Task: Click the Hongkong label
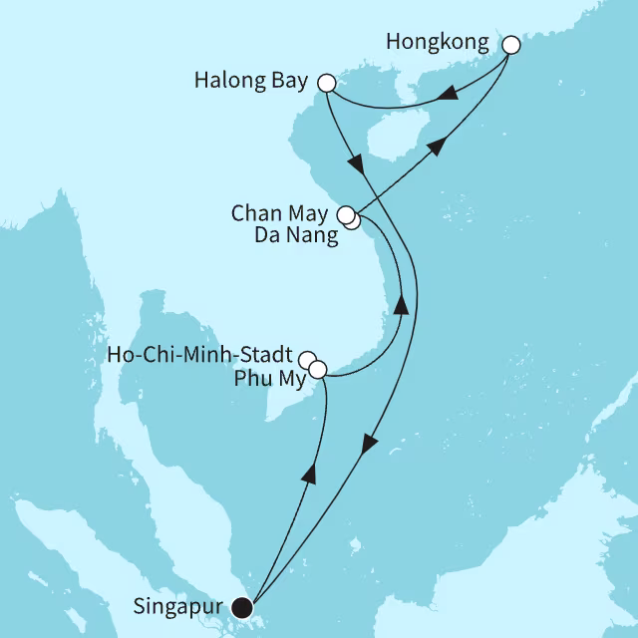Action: point(444,43)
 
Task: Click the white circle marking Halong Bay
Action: point(325,83)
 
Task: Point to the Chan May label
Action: point(283,213)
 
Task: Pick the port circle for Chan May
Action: point(345,214)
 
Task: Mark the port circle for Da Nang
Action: point(353,222)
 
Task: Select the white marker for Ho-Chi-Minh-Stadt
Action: point(308,360)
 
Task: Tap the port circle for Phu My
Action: point(318,370)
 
